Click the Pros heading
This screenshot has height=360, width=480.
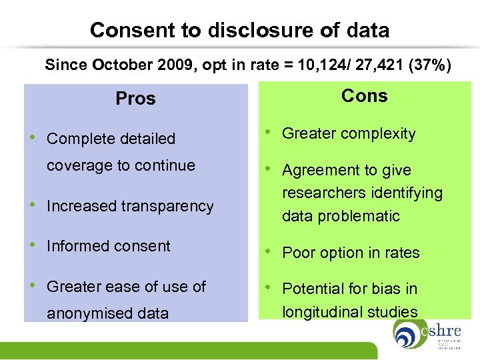point(135,99)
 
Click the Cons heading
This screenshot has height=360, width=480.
point(364,96)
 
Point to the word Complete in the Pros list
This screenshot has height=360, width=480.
point(77,139)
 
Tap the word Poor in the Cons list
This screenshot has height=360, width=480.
point(297,253)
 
